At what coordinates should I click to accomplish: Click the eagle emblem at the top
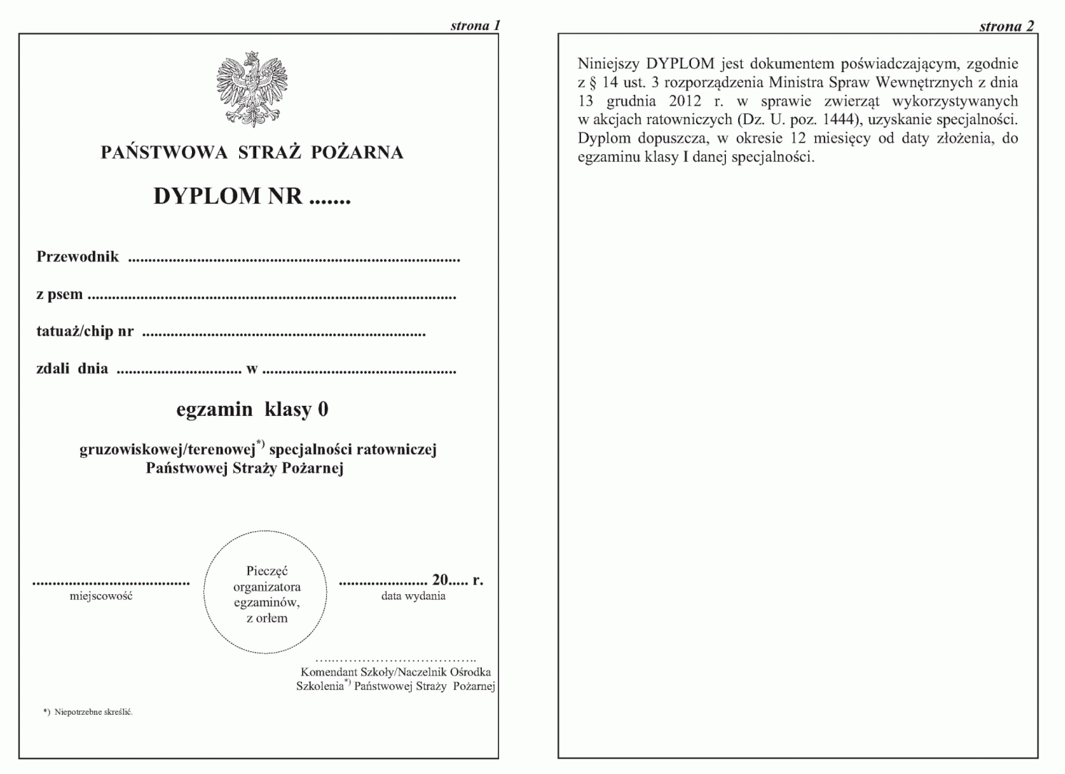[x=252, y=89]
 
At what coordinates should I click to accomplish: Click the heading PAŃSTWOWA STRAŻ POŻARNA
[x=252, y=153]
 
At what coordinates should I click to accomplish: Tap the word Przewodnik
[x=78, y=257]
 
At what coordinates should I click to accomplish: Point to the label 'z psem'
[x=59, y=295]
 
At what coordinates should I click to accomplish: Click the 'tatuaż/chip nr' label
[x=85, y=332]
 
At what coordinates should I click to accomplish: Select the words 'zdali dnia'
[x=72, y=369]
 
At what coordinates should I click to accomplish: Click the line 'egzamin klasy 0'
[x=252, y=409]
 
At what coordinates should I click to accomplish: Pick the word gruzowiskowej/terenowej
[x=168, y=449]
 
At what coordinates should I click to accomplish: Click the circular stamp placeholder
[x=266, y=593]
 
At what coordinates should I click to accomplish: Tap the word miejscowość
[x=101, y=596]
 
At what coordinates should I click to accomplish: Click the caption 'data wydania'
[x=413, y=596]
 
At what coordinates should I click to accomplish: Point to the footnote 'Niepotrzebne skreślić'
[x=93, y=712]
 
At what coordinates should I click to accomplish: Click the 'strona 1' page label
[x=475, y=26]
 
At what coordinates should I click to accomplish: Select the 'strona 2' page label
[x=1006, y=26]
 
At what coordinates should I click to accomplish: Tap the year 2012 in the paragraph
[x=685, y=101]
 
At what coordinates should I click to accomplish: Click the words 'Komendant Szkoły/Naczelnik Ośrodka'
[x=395, y=672]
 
